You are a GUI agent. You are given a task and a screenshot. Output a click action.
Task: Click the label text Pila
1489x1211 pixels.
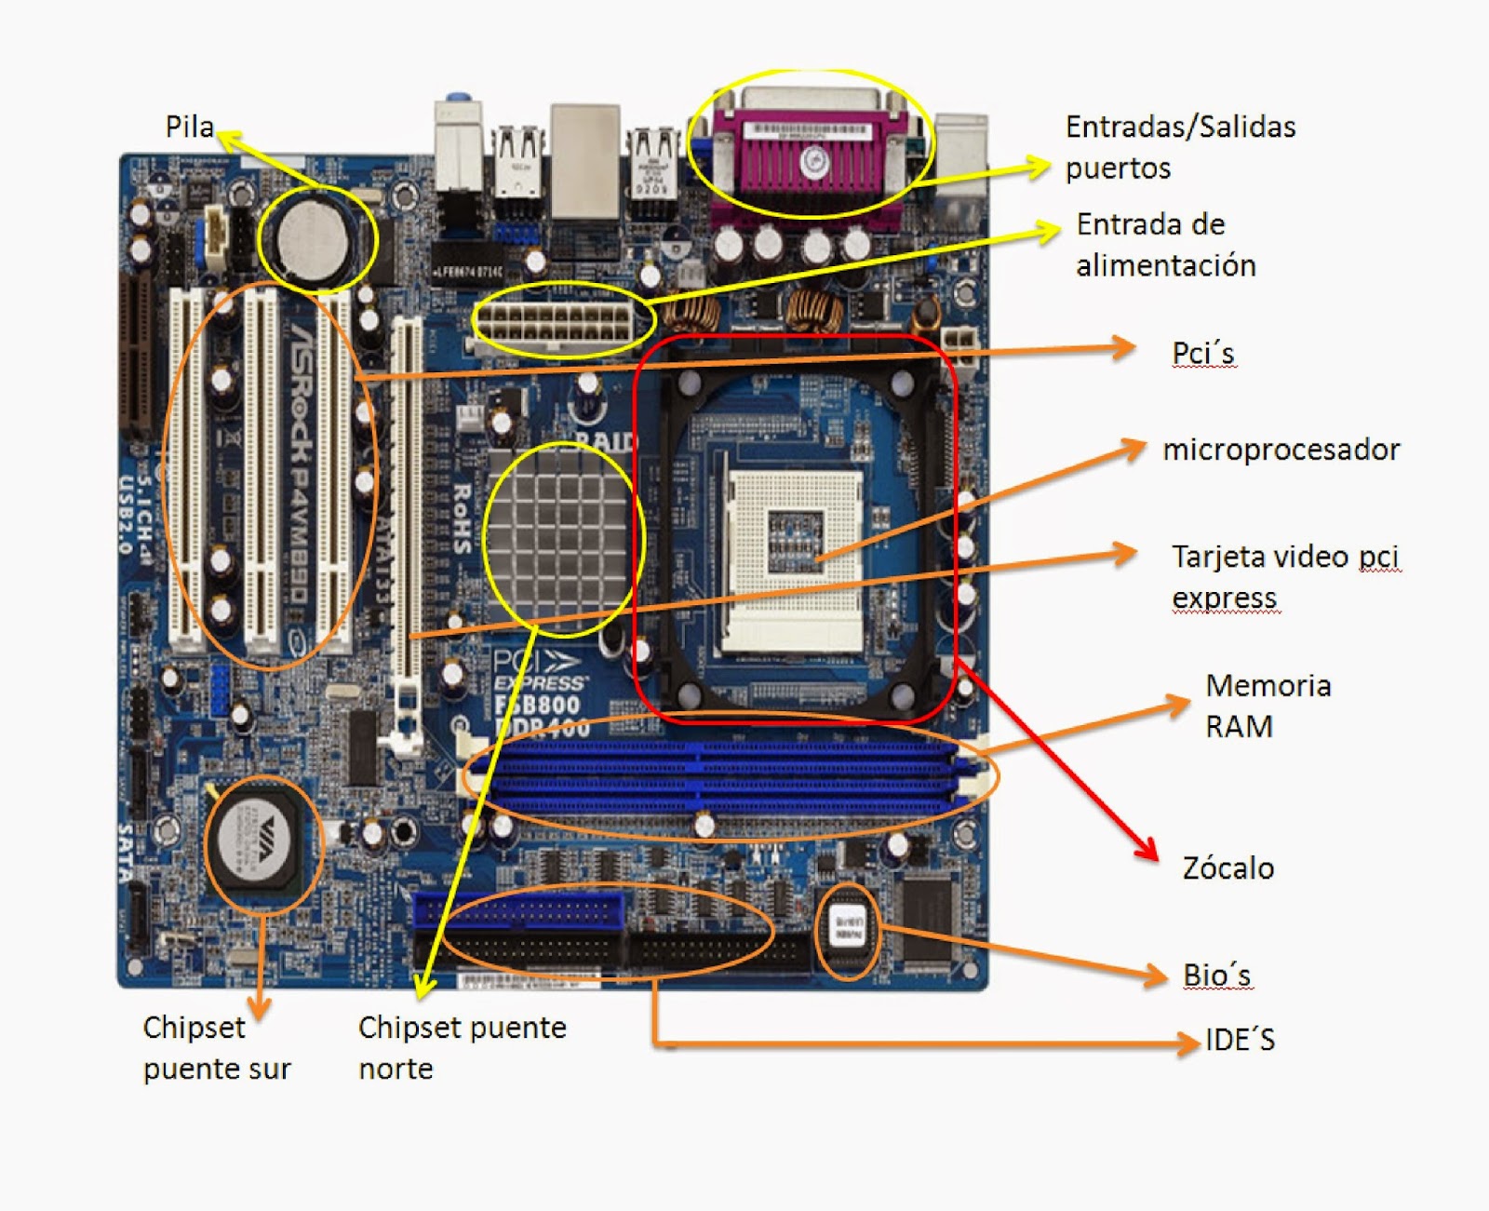click(x=189, y=127)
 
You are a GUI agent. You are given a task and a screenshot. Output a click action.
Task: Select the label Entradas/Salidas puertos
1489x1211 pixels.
click(x=1179, y=147)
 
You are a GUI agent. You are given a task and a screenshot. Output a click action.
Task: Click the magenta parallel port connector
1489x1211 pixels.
click(x=808, y=158)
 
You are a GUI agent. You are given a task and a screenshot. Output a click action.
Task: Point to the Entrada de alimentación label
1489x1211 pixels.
click(x=1165, y=245)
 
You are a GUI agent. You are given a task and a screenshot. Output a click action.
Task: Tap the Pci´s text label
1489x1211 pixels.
click(x=1202, y=354)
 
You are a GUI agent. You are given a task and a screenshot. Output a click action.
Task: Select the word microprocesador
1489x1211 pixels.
click(x=1281, y=450)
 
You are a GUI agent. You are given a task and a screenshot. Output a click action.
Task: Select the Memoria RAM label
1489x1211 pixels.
click(x=1267, y=706)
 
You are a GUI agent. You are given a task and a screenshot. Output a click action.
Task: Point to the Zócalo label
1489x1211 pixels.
click(x=1227, y=868)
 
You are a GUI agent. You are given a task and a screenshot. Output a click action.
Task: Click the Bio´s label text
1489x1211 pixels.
click(x=1216, y=976)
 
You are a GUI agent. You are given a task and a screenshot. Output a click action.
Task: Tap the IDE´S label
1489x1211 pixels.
click(x=1239, y=1040)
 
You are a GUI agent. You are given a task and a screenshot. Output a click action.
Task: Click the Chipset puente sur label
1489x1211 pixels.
click(x=216, y=1048)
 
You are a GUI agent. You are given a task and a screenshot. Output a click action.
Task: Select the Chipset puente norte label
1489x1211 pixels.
click(x=462, y=1048)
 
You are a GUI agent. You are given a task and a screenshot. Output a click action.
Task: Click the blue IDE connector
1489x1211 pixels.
click(x=519, y=910)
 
